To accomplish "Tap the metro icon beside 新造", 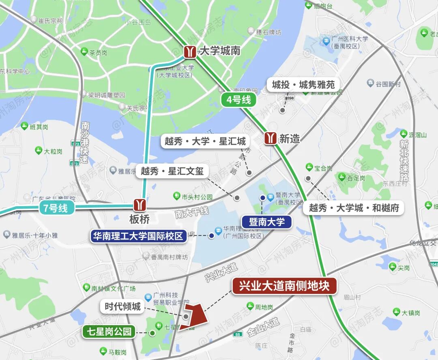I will coord(271,138).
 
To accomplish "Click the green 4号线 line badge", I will coord(239,100).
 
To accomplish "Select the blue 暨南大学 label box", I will coord(266,222).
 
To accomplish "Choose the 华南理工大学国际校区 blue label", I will coord(138,236).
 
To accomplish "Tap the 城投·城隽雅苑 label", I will coord(303,85).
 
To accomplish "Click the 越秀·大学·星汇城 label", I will coord(205,142).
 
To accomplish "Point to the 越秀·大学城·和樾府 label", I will coord(354,208).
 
